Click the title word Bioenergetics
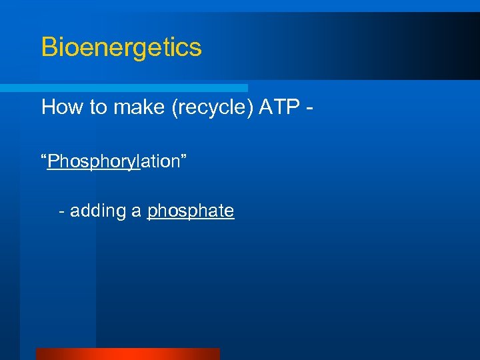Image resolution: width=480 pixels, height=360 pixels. point(121,48)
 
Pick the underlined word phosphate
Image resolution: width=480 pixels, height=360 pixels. point(191,212)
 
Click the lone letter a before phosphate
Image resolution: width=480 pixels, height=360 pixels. point(137,213)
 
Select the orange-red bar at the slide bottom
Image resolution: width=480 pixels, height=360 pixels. point(127,353)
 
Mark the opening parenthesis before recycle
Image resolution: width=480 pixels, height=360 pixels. point(176,108)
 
